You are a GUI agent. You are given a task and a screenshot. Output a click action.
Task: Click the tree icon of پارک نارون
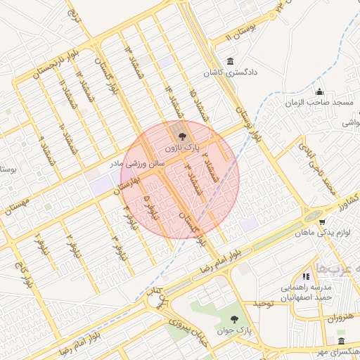tap(181, 137)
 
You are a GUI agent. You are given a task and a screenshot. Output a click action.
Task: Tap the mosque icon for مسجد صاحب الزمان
tap(320, 91)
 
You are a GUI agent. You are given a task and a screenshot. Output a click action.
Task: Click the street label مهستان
tap(19, 206)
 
